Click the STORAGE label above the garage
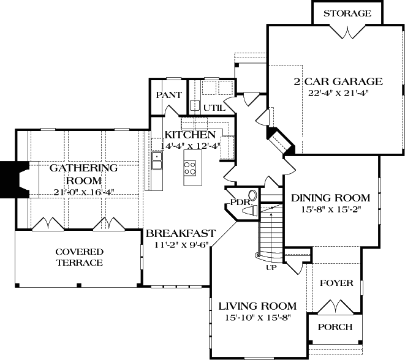point(347,13)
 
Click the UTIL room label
point(214,108)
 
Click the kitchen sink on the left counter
point(157,161)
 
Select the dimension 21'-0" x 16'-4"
point(83,192)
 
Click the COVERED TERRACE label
point(79,257)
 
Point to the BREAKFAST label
point(180,233)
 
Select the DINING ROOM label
point(330,198)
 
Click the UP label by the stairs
point(270,267)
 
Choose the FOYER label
point(336,283)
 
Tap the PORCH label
point(335,327)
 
